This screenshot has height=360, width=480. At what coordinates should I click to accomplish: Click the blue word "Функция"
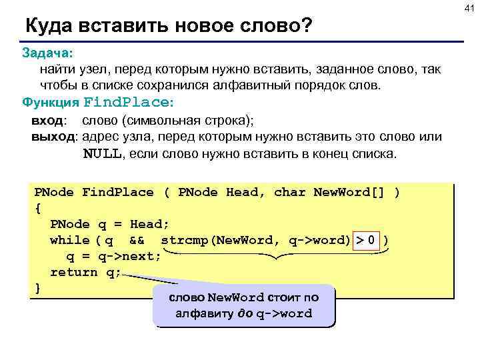(50, 103)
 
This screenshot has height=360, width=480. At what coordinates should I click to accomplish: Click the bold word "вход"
(48, 121)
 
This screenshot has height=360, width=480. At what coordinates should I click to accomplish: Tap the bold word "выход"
(54, 137)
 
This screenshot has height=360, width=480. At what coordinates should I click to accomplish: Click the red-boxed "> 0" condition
(371, 240)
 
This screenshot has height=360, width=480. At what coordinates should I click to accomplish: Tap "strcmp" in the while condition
(185, 240)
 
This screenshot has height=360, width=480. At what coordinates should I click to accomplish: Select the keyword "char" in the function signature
(289, 192)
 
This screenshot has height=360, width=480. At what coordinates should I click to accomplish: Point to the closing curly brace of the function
(37, 288)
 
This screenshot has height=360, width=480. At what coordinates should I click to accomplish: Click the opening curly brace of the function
(37, 208)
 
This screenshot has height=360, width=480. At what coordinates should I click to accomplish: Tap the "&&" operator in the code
(137, 240)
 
